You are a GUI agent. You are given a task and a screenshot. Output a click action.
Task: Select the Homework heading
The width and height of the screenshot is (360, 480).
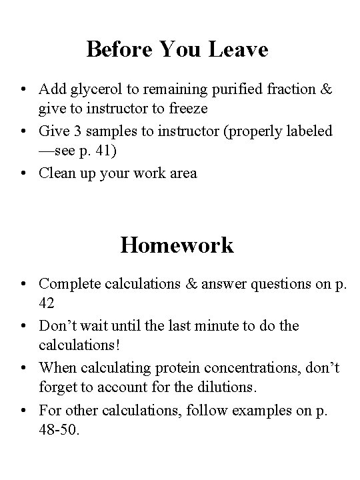pyautogui.click(x=177, y=245)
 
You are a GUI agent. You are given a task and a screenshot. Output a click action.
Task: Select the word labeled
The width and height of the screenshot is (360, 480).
pyautogui.click(x=309, y=131)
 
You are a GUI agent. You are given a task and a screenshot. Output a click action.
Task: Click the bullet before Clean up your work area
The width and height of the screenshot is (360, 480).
pyautogui.click(x=23, y=173)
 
